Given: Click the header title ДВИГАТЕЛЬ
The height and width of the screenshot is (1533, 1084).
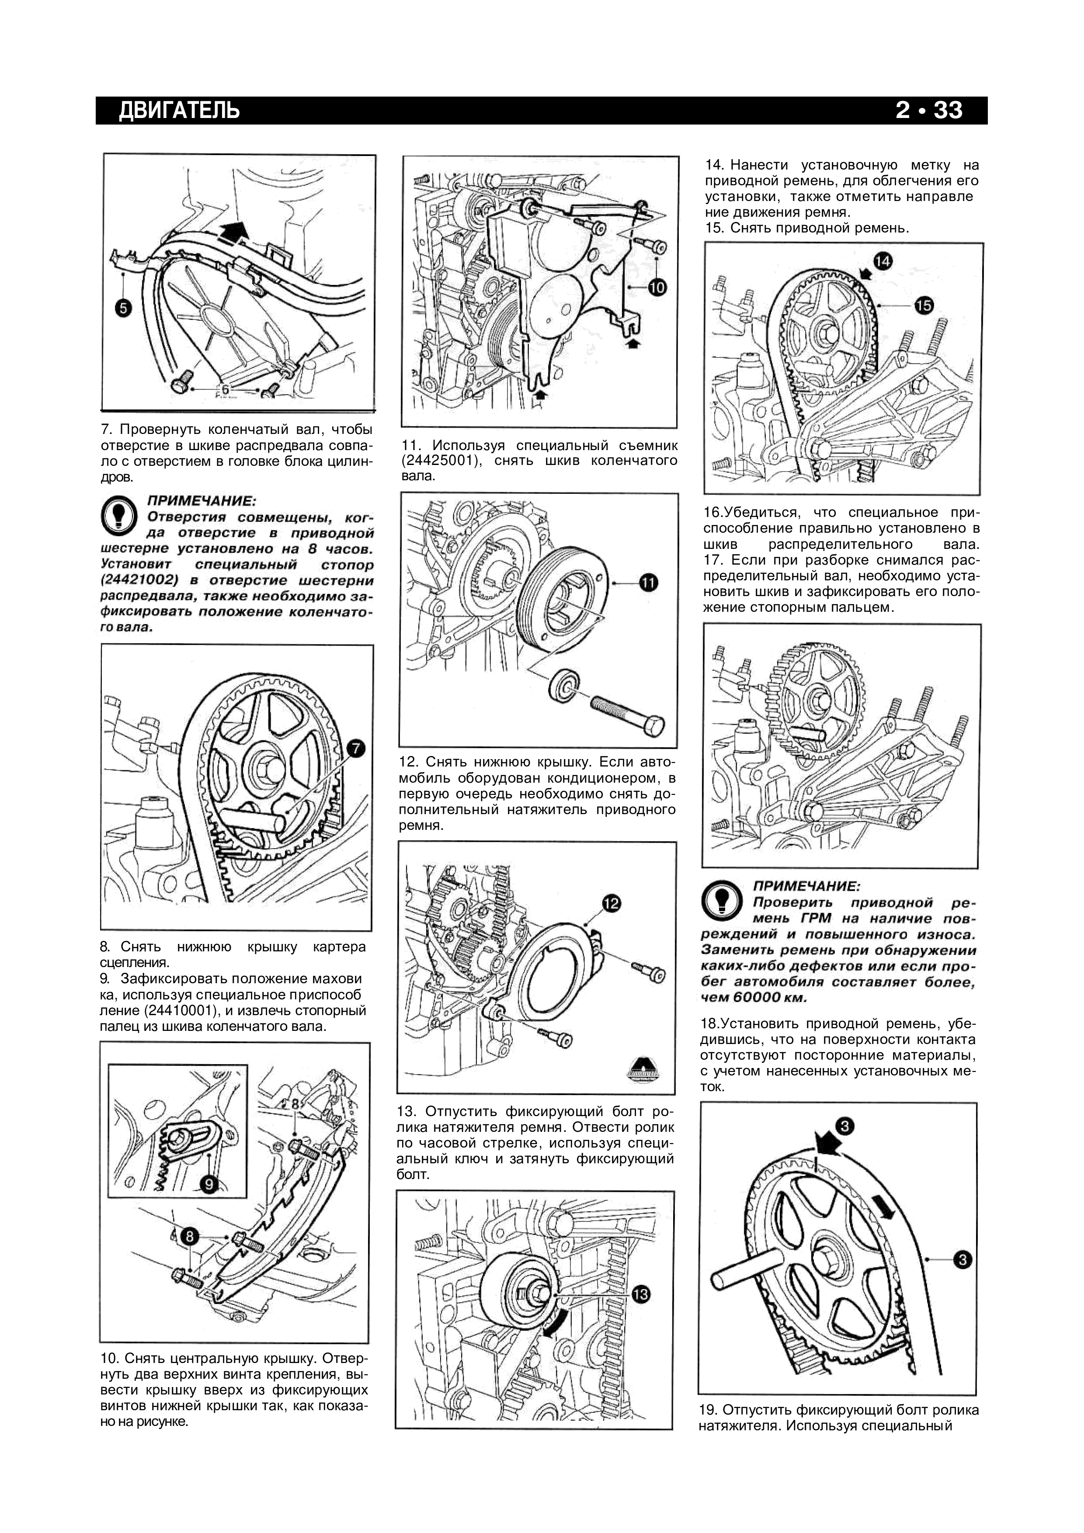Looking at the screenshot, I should (179, 110).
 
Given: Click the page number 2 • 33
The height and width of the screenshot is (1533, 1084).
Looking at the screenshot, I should (929, 110).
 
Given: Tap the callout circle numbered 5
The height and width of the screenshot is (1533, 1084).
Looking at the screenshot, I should (124, 308).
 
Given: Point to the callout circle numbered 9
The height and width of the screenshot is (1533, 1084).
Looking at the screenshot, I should (209, 1184).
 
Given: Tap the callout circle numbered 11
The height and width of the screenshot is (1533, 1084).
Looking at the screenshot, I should (648, 583).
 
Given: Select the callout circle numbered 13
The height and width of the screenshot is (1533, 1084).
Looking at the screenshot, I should (640, 1295).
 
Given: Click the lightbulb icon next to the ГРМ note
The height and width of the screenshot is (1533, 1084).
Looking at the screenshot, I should (723, 901).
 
